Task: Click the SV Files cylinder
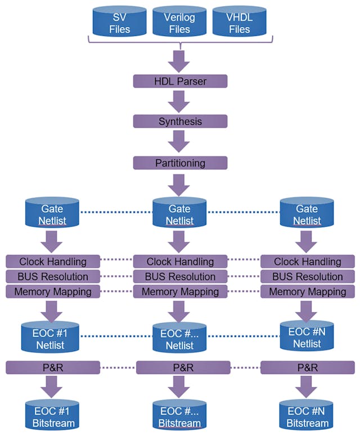click(119, 23)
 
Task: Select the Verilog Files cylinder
click(179, 23)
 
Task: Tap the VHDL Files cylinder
click(240, 23)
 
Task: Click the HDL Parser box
click(180, 82)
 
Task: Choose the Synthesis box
click(180, 122)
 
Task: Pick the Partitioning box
click(180, 163)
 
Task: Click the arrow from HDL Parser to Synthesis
click(180, 102)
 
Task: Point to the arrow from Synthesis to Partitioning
click(180, 142)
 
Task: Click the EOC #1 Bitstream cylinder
click(52, 417)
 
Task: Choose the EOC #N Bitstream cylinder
click(307, 417)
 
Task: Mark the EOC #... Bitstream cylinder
click(180, 417)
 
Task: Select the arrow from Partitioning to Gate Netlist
click(180, 185)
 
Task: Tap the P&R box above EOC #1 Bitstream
click(53, 368)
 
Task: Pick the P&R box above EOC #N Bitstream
click(307, 368)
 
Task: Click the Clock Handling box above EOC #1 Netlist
click(53, 262)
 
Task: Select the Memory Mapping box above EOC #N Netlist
click(307, 291)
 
